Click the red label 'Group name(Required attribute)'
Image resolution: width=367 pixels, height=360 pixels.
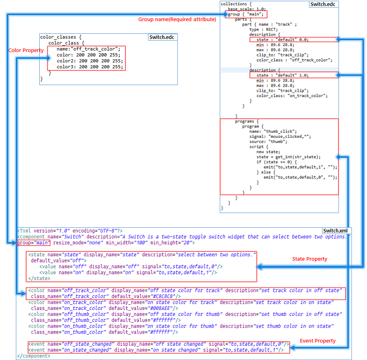pos(177,19)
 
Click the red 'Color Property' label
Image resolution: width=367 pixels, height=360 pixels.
pos(26,51)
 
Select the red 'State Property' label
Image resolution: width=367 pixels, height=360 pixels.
pos(310,259)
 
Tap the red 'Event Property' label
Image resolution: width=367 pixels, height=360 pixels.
pos(318,341)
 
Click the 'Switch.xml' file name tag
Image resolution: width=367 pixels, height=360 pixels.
pos(336,231)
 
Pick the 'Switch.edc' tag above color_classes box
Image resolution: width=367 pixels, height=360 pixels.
pos(162,37)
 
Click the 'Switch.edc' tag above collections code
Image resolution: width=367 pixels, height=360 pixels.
pos(323,4)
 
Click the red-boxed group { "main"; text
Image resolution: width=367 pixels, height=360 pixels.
pos(246,14)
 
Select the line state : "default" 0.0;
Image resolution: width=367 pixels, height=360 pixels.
pos(279,39)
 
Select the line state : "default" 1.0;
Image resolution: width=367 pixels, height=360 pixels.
pos(279,75)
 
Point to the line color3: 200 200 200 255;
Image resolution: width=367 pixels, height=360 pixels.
pos(89,67)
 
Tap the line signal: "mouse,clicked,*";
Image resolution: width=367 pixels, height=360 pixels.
pos(280,137)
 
